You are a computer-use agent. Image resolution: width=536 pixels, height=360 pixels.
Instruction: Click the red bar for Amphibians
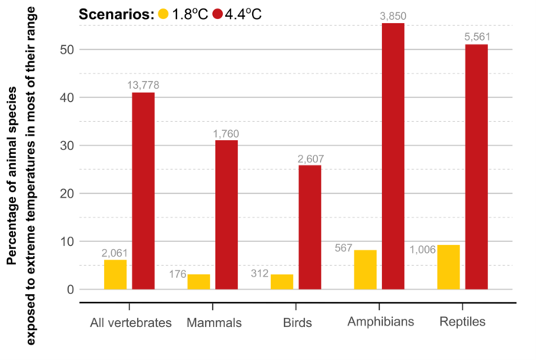point(393,156)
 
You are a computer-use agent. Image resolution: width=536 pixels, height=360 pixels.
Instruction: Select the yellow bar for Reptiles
point(449,267)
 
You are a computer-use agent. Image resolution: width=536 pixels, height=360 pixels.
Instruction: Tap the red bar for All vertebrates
point(143,191)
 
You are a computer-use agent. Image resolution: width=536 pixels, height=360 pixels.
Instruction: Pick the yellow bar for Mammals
point(198,282)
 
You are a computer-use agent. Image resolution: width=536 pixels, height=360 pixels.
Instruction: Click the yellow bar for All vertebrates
point(116,274)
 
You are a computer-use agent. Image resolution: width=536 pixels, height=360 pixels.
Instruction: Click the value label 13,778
point(143,85)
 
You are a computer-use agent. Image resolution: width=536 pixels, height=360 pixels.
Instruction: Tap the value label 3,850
point(393,16)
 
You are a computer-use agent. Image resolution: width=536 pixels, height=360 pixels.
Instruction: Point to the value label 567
point(345,248)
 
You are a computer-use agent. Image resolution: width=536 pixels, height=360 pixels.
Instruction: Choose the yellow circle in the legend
point(163,15)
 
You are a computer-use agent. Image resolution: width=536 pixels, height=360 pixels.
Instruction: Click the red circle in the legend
point(217,15)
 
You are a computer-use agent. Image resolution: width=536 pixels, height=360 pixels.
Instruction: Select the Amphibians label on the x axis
point(381,322)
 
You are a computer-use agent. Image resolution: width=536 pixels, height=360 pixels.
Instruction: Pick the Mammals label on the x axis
point(214,322)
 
